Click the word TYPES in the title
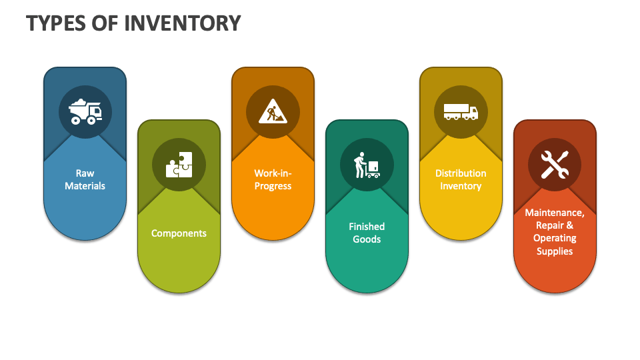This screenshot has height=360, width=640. (x=56, y=23)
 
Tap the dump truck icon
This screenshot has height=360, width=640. (x=85, y=111)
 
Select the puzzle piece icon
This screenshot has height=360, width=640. (x=179, y=164)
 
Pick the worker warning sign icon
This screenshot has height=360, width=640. (x=273, y=111)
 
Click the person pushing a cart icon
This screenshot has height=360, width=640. (x=367, y=164)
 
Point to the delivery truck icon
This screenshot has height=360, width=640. (x=461, y=111)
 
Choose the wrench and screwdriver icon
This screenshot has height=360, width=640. (x=555, y=164)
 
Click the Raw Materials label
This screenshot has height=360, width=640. (x=85, y=179)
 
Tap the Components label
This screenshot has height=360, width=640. (x=179, y=233)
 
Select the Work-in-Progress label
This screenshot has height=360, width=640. (x=273, y=179)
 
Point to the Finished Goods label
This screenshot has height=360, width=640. (x=367, y=233)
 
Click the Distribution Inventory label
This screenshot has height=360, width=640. (x=461, y=179)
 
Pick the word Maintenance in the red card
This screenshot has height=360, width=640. (x=555, y=213)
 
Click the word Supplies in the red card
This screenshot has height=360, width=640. (x=555, y=251)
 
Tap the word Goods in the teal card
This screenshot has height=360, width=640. (x=367, y=239)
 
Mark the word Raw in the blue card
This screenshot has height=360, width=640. (x=85, y=173)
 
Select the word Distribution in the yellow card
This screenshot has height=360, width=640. (x=461, y=173)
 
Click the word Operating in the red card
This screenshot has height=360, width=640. (x=555, y=238)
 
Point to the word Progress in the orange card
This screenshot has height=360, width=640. (x=273, y=186)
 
